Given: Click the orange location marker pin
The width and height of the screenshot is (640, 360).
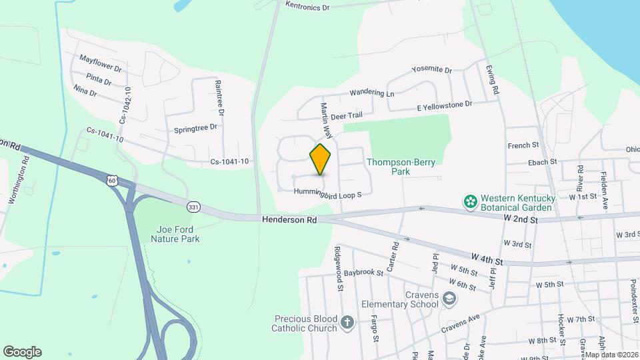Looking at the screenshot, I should coord(321,159).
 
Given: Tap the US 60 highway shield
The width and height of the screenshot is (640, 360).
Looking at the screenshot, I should coord(112,180).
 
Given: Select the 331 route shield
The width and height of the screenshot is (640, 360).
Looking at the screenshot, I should coord(193,207).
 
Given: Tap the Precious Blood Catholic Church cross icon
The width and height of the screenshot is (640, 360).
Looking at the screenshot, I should coord(347,323).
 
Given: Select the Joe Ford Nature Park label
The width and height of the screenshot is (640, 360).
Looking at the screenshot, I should coord(175,233).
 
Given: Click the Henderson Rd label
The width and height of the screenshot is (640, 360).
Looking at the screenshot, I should coord(289,219).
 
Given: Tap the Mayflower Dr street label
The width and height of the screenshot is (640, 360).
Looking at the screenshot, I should coord(101,63).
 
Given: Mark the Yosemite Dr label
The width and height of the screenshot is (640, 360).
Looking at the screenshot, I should coord(432,70).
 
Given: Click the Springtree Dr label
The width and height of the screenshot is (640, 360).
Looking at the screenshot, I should coord(195,127).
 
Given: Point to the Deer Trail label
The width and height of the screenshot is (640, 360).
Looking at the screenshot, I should coord(345,116).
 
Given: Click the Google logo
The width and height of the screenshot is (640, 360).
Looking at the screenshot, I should coord(22,352).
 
